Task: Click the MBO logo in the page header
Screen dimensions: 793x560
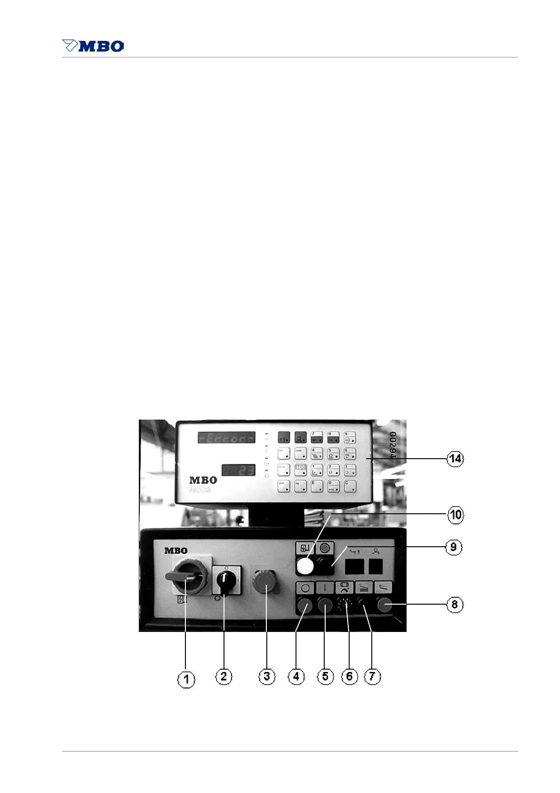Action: click(93, 46)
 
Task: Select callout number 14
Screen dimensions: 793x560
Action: click(455, 459)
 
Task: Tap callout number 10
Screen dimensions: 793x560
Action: click(456, 515)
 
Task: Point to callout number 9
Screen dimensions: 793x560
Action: click(453, 547)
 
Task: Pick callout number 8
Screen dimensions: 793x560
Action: click(454, 605)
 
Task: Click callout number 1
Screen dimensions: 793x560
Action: click(186, 679)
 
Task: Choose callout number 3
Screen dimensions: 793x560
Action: click(267, 677)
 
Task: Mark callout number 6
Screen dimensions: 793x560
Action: click(349, 677)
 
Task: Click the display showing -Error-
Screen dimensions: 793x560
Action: click(226, 437)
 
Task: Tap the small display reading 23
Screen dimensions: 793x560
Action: click(239, 470)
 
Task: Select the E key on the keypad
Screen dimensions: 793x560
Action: click(316, 486)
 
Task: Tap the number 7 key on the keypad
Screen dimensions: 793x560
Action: click(317, 437)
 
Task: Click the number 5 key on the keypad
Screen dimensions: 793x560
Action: click(333, 454)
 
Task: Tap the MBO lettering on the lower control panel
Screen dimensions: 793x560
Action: click(176, 550)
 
